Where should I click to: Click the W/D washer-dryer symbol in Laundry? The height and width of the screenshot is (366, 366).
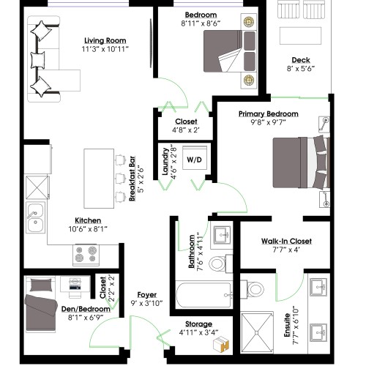195,157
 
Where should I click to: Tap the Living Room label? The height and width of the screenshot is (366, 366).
105,40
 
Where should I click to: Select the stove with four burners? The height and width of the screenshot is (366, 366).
86,255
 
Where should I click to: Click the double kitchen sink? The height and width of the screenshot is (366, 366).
36,217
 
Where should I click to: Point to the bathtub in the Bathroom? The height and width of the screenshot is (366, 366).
203,295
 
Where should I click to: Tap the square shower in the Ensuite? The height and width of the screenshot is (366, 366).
257,332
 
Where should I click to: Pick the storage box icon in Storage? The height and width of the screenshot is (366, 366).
221,344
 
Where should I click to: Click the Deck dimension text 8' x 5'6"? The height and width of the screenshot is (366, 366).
301,69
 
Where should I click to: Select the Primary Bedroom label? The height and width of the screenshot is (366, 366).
269,113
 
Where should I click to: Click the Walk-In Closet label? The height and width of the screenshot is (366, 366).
286,241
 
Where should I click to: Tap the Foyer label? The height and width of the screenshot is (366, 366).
147,294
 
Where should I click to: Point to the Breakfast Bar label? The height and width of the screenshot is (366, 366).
132,179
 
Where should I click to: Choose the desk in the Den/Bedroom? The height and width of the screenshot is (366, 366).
75,284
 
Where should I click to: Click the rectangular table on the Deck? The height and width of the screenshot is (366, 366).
300,36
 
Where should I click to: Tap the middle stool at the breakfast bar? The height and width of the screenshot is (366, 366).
121,178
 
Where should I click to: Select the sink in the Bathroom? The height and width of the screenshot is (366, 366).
222,235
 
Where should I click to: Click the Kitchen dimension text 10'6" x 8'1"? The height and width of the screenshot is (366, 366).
88,229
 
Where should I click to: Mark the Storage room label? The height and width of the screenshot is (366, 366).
198,324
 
